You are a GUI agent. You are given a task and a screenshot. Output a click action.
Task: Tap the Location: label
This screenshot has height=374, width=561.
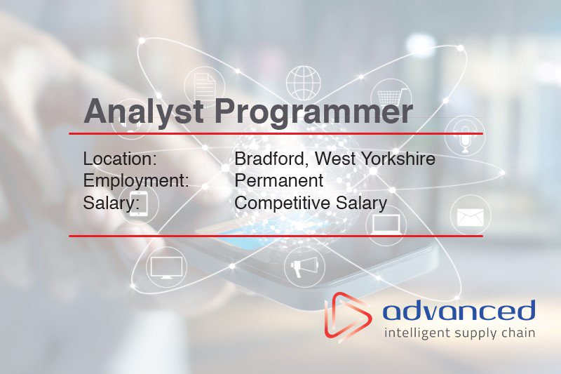click(120, 159)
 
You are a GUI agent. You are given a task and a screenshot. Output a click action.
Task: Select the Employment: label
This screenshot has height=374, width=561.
click(136, 180)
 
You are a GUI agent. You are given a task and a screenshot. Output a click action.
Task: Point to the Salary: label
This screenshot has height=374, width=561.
click(111, 203)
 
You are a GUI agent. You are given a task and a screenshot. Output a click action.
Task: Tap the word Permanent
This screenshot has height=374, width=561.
click(279, 180)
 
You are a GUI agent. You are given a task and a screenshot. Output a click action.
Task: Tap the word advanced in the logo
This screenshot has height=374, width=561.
click(459, 310)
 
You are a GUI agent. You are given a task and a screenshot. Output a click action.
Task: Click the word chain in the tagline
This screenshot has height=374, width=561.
click(520, 332)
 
